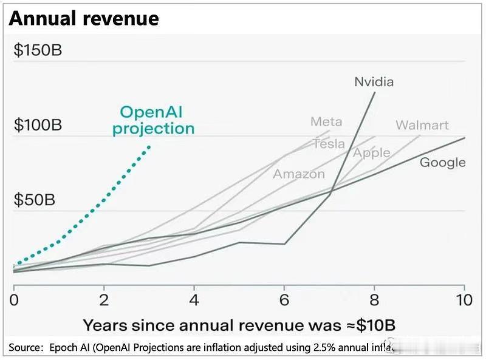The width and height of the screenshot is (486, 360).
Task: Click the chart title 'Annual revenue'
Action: (84, 19)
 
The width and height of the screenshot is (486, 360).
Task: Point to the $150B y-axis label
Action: (38, 50)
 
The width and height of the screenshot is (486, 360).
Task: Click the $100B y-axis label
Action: (38, 125)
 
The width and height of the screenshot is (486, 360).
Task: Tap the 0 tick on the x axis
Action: (14, 301)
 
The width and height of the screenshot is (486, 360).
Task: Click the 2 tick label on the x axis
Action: (104, 301)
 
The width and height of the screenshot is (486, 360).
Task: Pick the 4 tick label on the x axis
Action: (194, 301)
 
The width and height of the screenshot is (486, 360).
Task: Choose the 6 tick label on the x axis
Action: (284, 301)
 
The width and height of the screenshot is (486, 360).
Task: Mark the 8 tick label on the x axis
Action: (374, 301)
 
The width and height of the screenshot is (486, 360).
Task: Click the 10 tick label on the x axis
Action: (464, 301)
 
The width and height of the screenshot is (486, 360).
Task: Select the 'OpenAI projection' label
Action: (154, 120)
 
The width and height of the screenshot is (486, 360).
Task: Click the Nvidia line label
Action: (374, 81)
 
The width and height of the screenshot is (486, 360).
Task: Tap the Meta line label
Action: (326, 121)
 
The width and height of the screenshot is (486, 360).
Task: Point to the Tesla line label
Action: (329, 144)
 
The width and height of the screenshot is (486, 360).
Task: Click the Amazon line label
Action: (298, 174)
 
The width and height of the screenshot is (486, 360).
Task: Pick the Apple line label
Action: (371, 152)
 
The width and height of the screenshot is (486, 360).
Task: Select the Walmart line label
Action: (422, 125)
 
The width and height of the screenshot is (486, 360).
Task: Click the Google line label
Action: (443, 162)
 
